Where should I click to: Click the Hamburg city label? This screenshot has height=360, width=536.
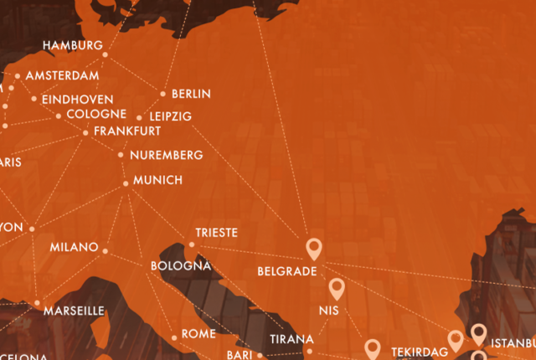73,45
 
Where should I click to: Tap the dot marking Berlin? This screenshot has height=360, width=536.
163,94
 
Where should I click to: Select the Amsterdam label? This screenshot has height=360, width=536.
62,75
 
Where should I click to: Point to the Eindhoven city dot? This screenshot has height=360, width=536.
34,99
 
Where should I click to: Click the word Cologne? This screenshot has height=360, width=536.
96,114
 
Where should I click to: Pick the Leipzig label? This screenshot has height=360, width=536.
170,116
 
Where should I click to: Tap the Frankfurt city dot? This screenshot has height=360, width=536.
85,132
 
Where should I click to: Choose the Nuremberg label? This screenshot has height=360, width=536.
167,155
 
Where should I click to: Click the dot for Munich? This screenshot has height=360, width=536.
126,183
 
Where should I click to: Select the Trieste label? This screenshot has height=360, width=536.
217,232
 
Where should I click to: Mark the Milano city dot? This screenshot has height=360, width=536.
106,249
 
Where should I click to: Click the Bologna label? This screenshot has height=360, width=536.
180,266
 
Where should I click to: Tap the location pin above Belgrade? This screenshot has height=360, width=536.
314,247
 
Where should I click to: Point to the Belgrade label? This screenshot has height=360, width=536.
286,271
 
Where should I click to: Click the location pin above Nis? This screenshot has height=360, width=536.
337,288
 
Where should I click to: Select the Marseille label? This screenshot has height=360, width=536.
74,311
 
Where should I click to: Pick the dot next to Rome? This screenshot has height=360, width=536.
174,337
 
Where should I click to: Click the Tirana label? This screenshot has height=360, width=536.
291,339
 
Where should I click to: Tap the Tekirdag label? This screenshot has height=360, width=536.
420,352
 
